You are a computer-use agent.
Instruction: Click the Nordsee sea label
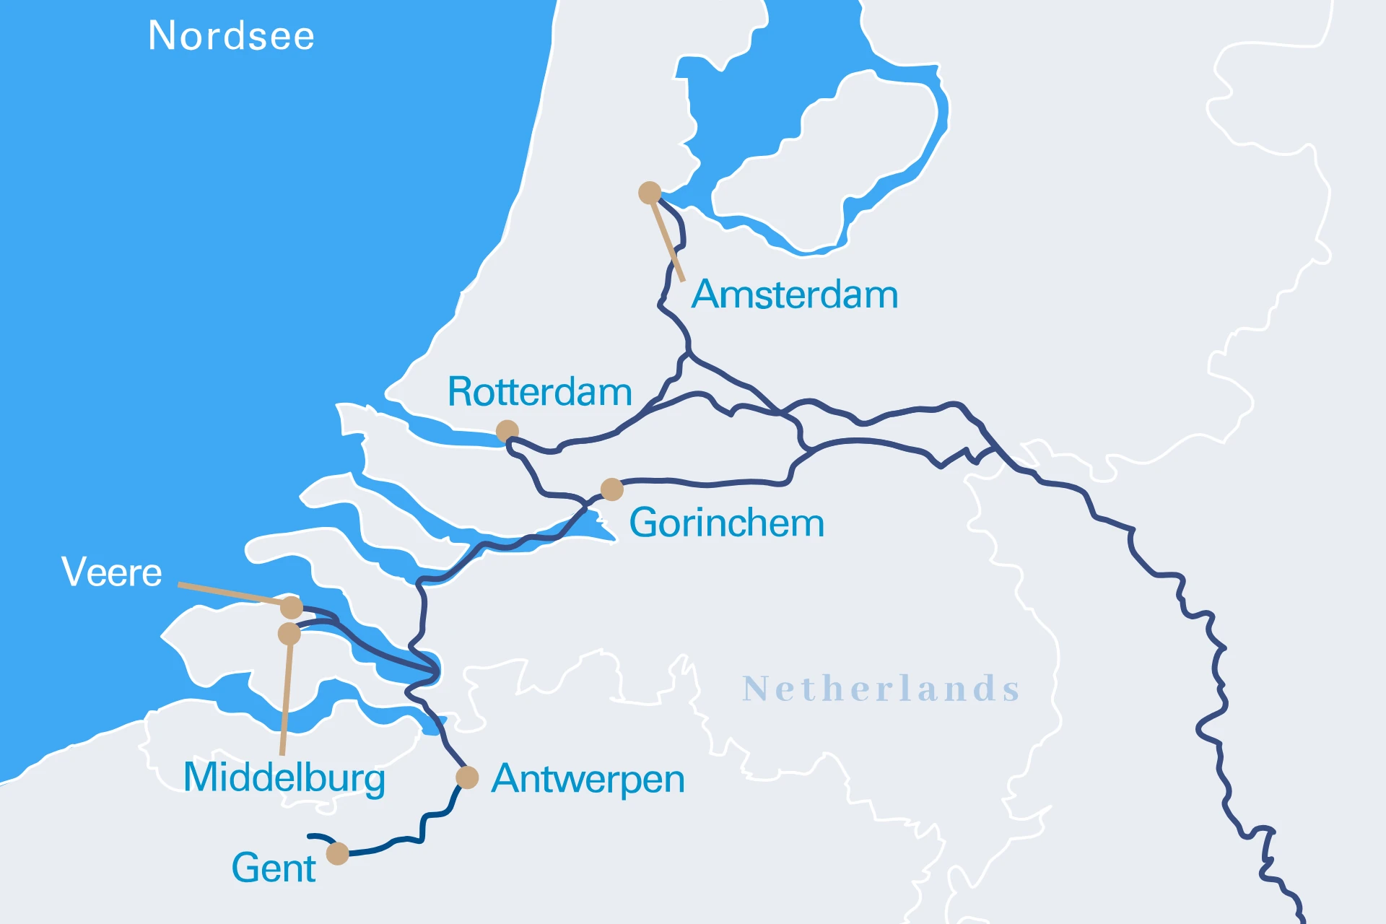[x=231, y=36]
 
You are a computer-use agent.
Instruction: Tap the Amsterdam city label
[x=794, y=295]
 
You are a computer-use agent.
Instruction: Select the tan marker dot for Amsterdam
[x=650, y=193]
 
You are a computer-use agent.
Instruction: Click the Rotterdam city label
[x=539, y=392]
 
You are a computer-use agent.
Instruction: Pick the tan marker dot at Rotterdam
[x=507, y=431]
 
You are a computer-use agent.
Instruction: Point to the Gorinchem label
[x=726, y=523]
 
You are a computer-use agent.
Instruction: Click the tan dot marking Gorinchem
[x=612, y=489]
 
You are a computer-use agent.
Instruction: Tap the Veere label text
[x=111, y=572]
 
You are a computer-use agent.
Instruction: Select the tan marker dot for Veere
[x=292, y=607]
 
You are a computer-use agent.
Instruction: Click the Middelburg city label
[x=284, y=777]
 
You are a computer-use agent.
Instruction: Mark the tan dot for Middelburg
[x=289, y=634]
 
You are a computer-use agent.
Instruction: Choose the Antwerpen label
[x=588, y=779]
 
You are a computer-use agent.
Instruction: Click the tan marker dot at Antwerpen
[x=467, y=777]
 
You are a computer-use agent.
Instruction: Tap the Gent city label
[x=273, y=868]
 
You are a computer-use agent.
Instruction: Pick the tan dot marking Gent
[x=337, y=853]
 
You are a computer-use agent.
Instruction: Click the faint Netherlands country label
[x=881, y=689]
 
